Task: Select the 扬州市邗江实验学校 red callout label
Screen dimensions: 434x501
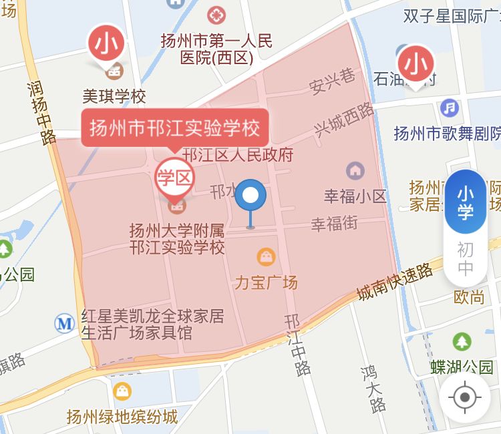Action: (175, 127)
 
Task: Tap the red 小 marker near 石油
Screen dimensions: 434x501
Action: (417, 64)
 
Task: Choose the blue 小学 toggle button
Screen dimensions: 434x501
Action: (465, 202)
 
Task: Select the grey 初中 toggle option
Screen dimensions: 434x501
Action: (465, 259)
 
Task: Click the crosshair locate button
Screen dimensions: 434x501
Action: (465, 398)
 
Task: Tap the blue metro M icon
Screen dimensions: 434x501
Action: (65, 324)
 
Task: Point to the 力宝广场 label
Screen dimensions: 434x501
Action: (266, 282)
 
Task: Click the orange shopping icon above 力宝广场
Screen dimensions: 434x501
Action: (266, 256)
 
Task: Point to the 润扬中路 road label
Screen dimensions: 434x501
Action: (41, 113)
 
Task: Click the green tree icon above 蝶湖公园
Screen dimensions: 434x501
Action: (462, 342)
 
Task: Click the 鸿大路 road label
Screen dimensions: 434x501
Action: (373, 388)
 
